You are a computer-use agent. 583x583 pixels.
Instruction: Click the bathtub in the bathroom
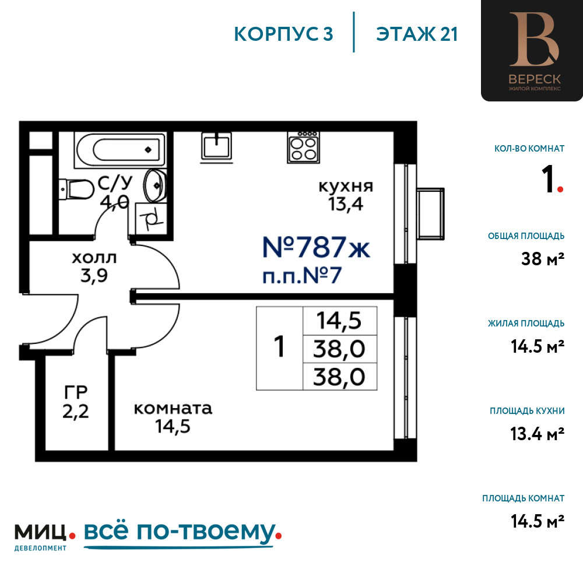[x=120, y=149]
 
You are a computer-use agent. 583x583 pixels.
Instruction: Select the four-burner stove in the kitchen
[x=303, y=147]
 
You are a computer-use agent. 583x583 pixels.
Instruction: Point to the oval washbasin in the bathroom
[x=154, y=185]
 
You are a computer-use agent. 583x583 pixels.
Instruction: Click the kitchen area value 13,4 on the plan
[x=346, y=204]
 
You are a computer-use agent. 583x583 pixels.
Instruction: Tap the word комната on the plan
[x=173, y=409]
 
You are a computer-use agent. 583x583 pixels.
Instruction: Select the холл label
[x=94, y=258]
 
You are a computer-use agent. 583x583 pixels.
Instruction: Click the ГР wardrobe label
[x=76, y=392]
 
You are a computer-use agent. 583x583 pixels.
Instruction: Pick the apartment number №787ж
[x=316, y=247]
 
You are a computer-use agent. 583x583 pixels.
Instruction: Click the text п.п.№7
[x=302, y=276]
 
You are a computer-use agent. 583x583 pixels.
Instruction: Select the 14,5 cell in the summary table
[x=339, y=321]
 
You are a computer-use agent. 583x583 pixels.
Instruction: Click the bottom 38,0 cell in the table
[x=339, y=377]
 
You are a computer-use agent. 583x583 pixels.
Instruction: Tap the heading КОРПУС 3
[x=283, y=34]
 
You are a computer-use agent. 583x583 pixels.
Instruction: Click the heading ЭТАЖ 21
[x=417, y=34]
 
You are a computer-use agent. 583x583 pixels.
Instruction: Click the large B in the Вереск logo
[x=534, y=40]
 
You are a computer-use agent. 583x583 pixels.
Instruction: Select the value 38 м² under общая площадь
[x=542, y=259]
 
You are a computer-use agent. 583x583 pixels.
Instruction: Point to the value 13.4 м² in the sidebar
[x=538, y=434]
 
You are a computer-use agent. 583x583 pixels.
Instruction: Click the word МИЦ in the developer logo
[x=41, y=532]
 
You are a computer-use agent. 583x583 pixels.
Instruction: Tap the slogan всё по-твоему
[x=179, y=532]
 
